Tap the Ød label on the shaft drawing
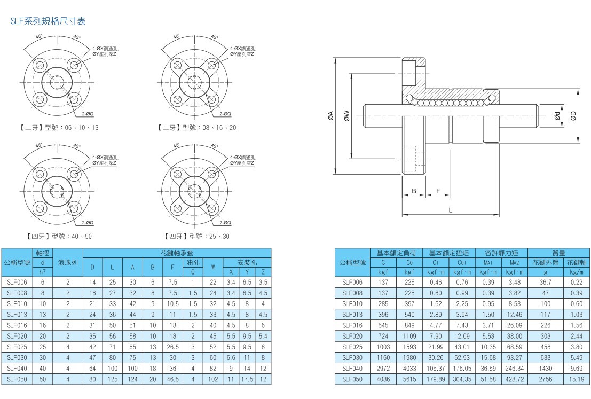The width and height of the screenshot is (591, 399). pyautogui.click(x=557, y=115)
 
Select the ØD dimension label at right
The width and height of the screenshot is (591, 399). pyautogui.click(x=573, y=115)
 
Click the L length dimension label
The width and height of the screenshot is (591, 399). pyautogui.click(x=450, y=210)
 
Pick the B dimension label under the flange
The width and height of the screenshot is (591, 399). pyautogui.click(x=414, y=191)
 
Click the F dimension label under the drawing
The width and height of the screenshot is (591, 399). pyautogui.click(x=438, y=191)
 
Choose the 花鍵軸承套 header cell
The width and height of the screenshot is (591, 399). pyautogui.click(x=177, y=253)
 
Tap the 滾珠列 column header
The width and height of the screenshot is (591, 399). pyautogui.click(x=68, y=263)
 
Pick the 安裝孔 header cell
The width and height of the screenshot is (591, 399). pyautogui.click(x=247, y=263)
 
